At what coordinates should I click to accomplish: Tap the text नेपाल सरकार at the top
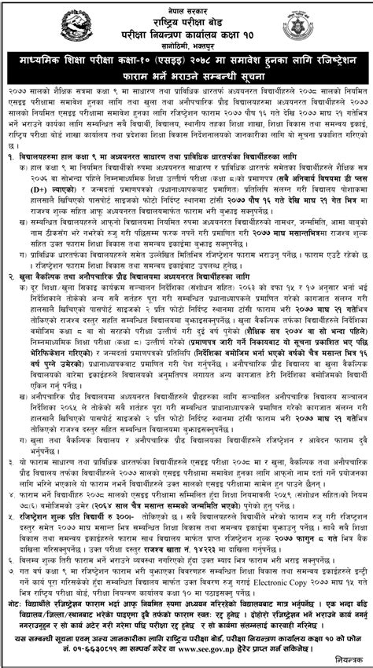186,6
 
